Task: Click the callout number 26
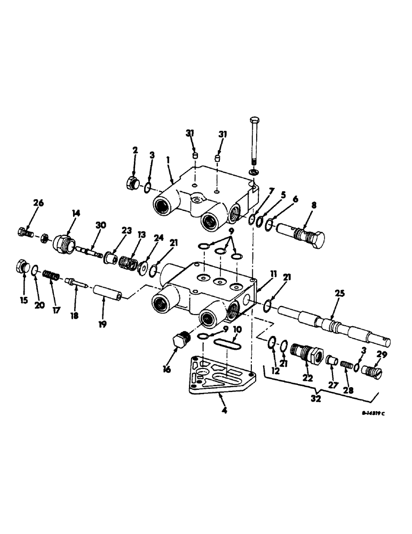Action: coord(38,202)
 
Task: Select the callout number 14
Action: coord(76,213)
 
